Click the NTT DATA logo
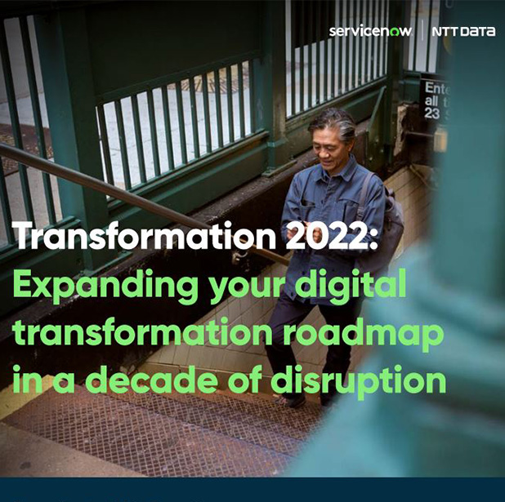[465, 32]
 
